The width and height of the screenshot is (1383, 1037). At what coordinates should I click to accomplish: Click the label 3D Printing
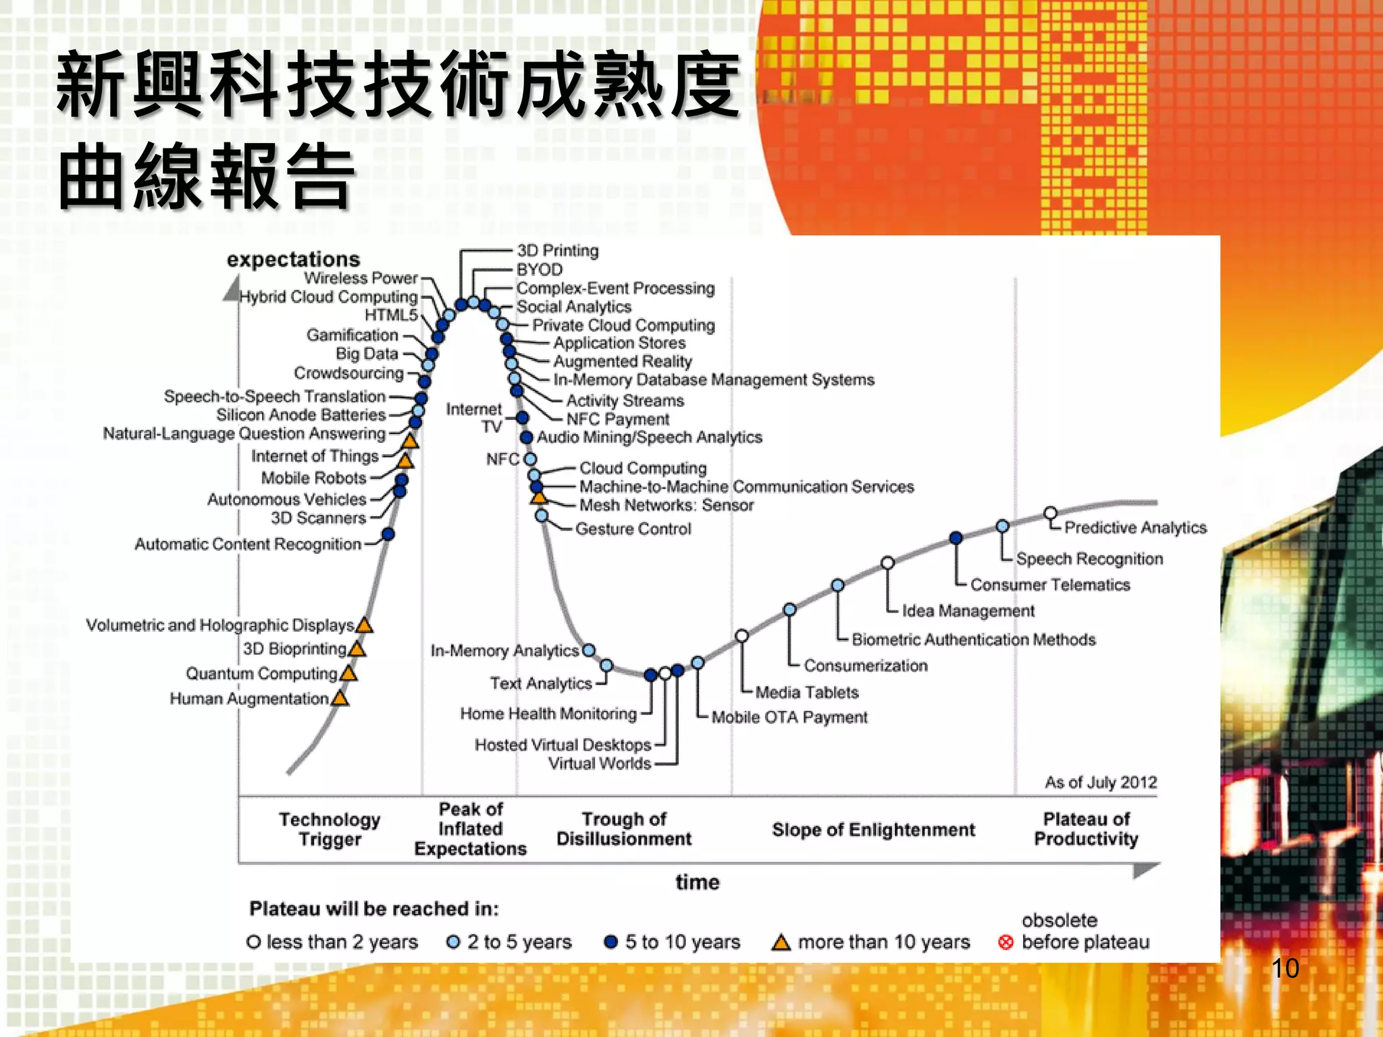(x=558, y=251)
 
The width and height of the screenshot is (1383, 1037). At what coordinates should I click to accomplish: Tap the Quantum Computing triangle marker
(x=348, y=673)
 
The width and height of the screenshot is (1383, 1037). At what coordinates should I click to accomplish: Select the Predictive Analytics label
(x=1135, y=527)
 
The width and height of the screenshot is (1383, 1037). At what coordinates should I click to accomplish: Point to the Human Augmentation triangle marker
(x=340, y=698)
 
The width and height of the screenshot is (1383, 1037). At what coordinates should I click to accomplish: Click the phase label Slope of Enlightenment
(x=873, y=830)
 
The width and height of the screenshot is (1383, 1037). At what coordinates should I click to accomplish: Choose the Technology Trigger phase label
(x=330, y=829)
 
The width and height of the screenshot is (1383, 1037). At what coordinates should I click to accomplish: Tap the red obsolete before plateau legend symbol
(x=1006, y=942)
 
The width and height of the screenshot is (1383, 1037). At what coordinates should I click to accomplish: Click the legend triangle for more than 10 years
(x=781, y=942)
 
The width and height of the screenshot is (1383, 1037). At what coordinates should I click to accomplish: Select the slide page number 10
(x=1284, y=968)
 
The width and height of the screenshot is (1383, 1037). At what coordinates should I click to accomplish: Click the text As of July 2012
(x=1101, y=782)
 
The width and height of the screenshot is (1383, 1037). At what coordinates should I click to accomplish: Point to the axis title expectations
(x=293, y=259)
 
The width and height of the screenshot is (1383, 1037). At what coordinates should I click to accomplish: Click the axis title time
(x=698, y=882)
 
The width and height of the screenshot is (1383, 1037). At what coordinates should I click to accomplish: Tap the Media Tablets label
(x=807, y=692)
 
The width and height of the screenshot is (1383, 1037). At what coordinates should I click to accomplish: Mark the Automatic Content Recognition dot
(x=388, y=535)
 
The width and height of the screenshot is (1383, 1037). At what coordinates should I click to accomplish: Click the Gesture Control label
(x=633, y=529)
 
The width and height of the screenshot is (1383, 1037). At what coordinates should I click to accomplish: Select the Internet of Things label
(x=315, y=456)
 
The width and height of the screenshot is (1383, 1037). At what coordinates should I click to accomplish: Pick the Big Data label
(x=367, y=354)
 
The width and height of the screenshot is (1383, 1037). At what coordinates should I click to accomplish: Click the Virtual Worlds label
(x=600, y=764)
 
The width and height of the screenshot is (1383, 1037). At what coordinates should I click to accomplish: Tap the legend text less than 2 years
(x=342, y=942)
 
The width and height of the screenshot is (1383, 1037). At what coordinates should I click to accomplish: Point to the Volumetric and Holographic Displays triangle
(x=364, y=624)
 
